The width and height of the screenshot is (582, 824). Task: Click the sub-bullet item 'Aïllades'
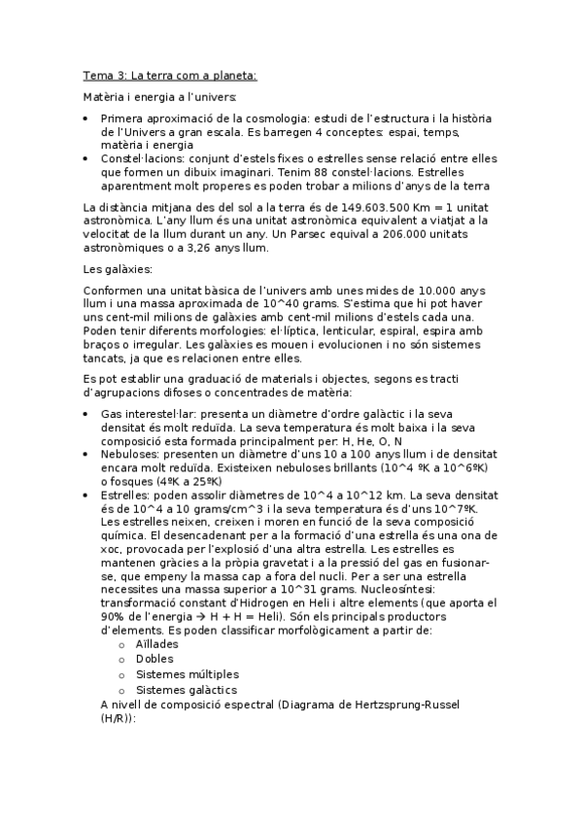click(157, 643)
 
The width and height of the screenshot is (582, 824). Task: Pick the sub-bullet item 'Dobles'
click(155, 659)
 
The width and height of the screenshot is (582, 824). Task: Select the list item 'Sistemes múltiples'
click(188, 674)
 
